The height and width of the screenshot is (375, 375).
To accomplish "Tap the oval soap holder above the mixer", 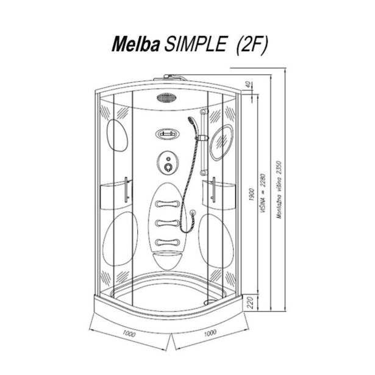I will pyautogui.click(x=166, y=134).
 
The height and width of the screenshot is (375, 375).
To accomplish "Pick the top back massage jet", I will pyautogui.click(x=168, y=204).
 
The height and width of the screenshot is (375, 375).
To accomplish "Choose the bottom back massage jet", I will pyautogui.click(x=168, y=242).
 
